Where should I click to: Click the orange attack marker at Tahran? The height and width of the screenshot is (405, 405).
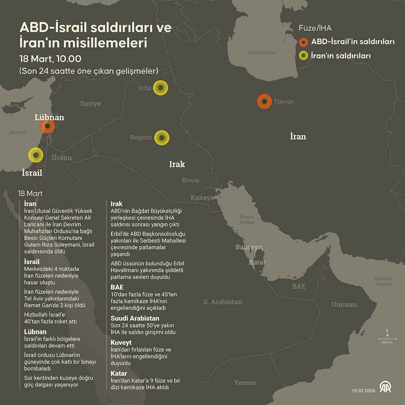264,102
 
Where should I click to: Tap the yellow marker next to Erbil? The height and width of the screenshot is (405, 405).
161,88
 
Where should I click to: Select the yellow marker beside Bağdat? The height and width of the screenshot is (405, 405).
162,138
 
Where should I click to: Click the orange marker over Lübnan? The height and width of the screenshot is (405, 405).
47,126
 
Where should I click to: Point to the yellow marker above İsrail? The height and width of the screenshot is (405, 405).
36,155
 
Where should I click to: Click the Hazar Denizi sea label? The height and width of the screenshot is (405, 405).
262,52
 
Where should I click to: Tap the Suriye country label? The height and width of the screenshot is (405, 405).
90,104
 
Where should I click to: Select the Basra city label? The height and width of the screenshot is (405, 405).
191,180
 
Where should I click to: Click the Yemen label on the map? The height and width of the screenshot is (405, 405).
245,383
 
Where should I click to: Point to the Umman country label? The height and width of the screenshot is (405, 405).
344,304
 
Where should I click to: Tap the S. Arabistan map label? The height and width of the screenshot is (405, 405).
222,302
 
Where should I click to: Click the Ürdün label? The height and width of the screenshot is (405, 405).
61,158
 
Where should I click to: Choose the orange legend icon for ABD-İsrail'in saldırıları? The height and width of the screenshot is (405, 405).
303,42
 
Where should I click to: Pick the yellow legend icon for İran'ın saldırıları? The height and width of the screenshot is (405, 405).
303,56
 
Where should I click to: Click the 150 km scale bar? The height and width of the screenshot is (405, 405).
387,339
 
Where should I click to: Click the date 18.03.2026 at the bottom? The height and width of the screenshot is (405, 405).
363,391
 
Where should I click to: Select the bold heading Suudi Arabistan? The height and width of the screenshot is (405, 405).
135,318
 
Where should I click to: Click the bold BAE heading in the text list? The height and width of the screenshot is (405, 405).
117,287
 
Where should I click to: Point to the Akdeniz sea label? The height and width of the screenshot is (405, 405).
18,132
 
